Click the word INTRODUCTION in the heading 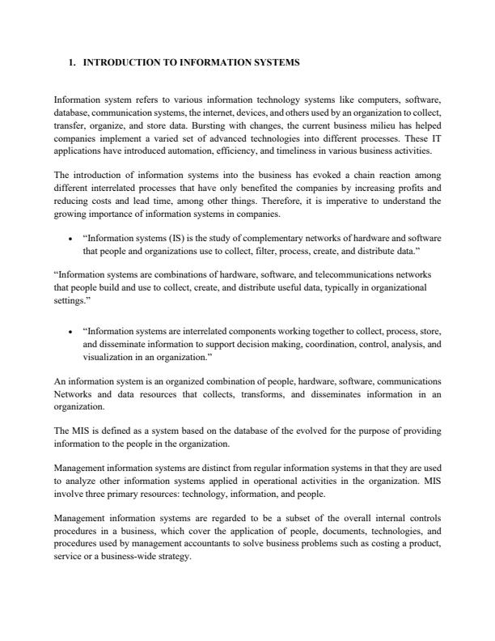coord(124,62)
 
